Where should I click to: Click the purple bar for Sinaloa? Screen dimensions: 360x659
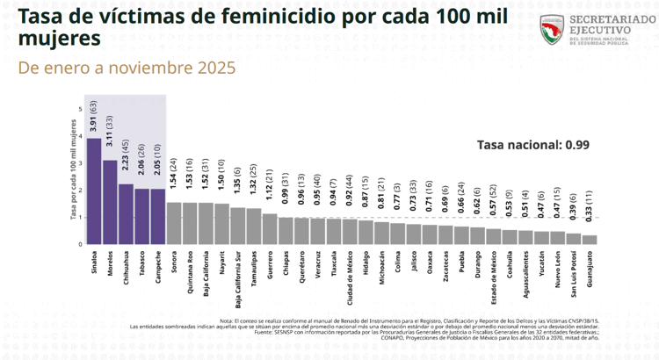pyautogui.click(x=94, y=191)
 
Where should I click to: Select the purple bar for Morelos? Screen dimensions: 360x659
pyautogui.click(x=110, y=202)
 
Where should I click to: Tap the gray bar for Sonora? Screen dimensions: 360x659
pyautogui.click(x=173, y=223)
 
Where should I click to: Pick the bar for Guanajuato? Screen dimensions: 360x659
pyautogui.click(x=589, y=239)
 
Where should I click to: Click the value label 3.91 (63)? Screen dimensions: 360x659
pyautogui.click(x=94, y=117)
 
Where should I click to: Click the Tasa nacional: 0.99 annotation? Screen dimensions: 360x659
pyautogui.click(x=521, y=145)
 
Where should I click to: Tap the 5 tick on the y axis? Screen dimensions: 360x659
pyautogui.click(x=80, y=109)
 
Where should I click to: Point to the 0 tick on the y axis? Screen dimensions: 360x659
pyautogui.click(x=80, y=244)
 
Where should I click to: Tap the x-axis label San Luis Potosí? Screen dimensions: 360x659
pyautogui.click(x=573, y=280)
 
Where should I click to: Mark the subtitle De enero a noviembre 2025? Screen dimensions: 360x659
pyautogui.click(x=127, y=67)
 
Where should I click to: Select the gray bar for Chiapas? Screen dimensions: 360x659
pyautogui.click(x=286, y=230)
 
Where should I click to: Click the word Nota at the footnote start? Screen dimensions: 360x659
pyautogui.click(x=227, y=320)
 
